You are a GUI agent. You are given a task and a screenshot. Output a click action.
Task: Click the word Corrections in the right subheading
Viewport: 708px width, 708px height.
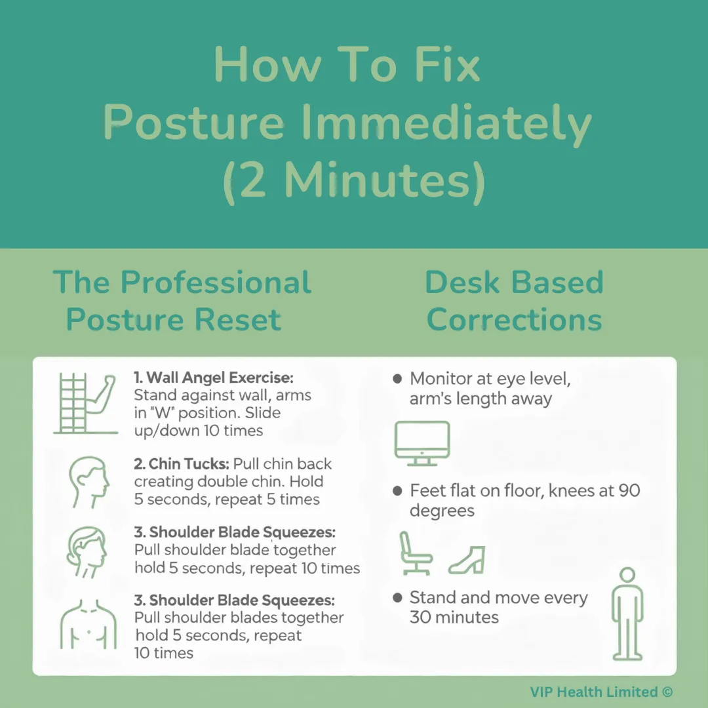pyautogui.click(x=515, y=320)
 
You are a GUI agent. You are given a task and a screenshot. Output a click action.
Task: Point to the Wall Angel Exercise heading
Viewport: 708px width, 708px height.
pyautogui.click(x=214, y=378)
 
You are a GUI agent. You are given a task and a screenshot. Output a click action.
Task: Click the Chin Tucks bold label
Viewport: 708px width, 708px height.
pyautogui.click(x=182, y=463)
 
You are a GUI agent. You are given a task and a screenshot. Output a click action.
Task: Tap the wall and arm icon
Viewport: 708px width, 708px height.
pyautogui.click(x=85, y=404)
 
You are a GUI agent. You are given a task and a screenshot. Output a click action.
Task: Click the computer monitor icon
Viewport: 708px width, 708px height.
pyautogui.click(x=422, y=443)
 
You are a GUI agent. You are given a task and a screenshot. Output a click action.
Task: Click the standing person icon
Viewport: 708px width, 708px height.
pyautogui.click(x=627, y=614)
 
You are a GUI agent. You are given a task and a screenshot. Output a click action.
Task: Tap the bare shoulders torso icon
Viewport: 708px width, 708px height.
pyautogui.click(x=88, y=625)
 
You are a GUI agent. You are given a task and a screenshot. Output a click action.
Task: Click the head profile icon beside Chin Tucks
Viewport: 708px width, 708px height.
pyautogui.click(x=89, y=482)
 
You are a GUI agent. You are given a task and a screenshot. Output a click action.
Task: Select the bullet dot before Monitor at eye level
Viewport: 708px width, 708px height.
pyautogui.click(x=397, y=379)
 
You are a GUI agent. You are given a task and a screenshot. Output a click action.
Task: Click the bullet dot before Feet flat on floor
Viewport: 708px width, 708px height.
pyautogui.click(x=397, y=491)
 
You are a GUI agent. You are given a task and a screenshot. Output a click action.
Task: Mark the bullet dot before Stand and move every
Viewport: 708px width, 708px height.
pyautogui.click(x=397, y=598)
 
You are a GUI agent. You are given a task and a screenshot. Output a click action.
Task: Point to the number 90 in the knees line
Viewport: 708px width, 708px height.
pyautogui.click(x=629, y=491)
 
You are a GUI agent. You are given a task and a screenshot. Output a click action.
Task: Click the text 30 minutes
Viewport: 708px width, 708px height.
pyautogui.click(x=454, y=618)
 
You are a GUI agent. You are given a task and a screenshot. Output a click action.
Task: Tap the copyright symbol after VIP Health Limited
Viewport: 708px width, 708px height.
pyautogui.click(x=667, y=692)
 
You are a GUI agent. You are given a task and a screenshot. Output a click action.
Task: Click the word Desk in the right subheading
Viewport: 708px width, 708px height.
pyautogui.click(x=462, y=283)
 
